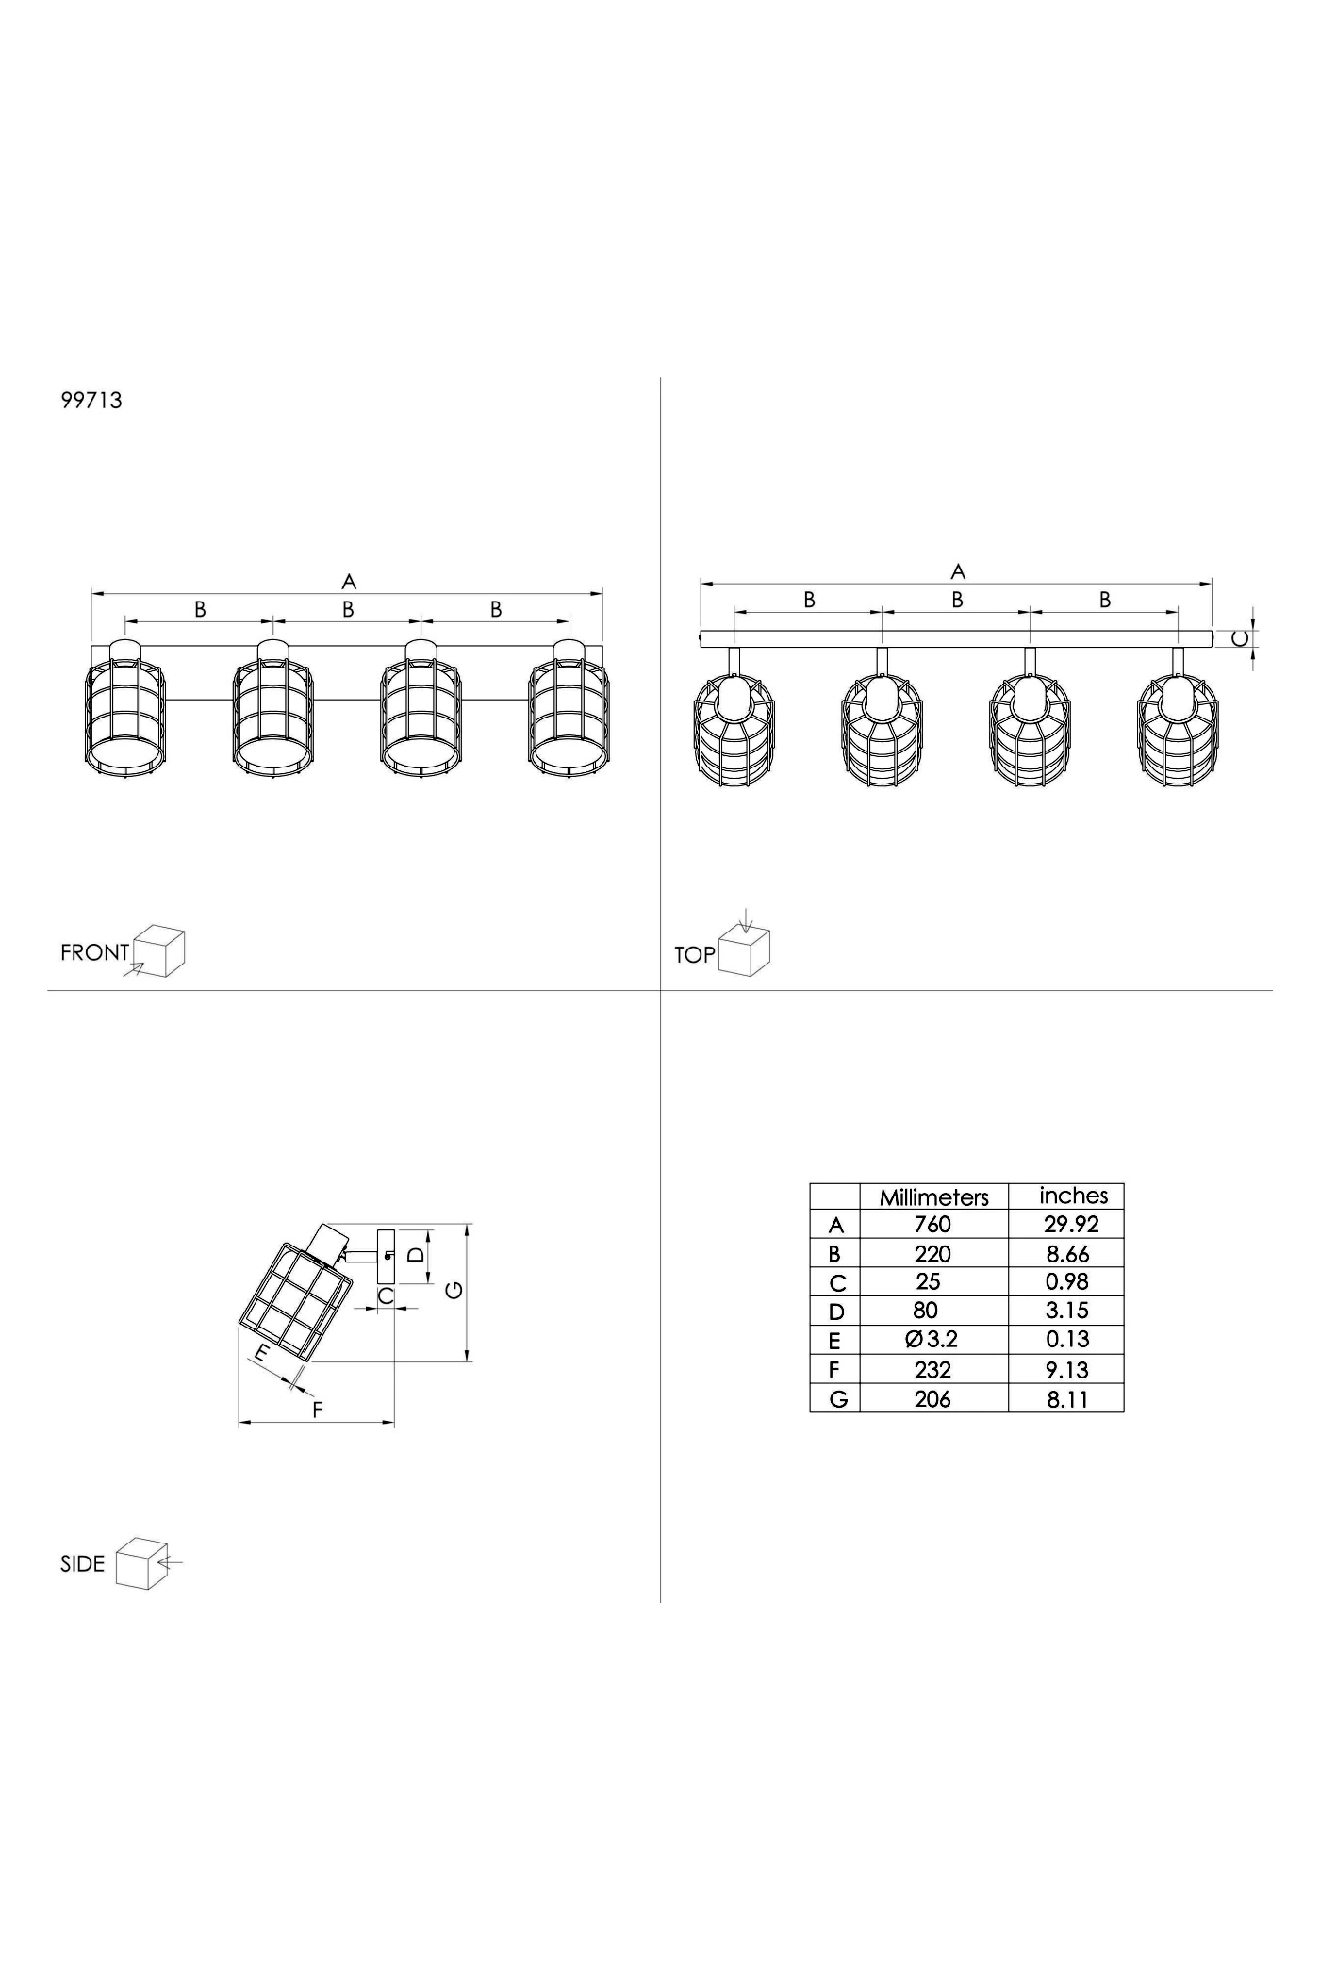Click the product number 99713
[91, 400]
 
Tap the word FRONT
[94, 952]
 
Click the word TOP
[695, 955]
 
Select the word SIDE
[82, 1564]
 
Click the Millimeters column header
[934, 1197]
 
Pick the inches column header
[1074, 1196]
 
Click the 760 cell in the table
[932, 1225]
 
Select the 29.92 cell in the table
[1071, 1225]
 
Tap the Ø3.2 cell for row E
[932, 1340]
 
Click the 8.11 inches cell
[1067, 1400]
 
